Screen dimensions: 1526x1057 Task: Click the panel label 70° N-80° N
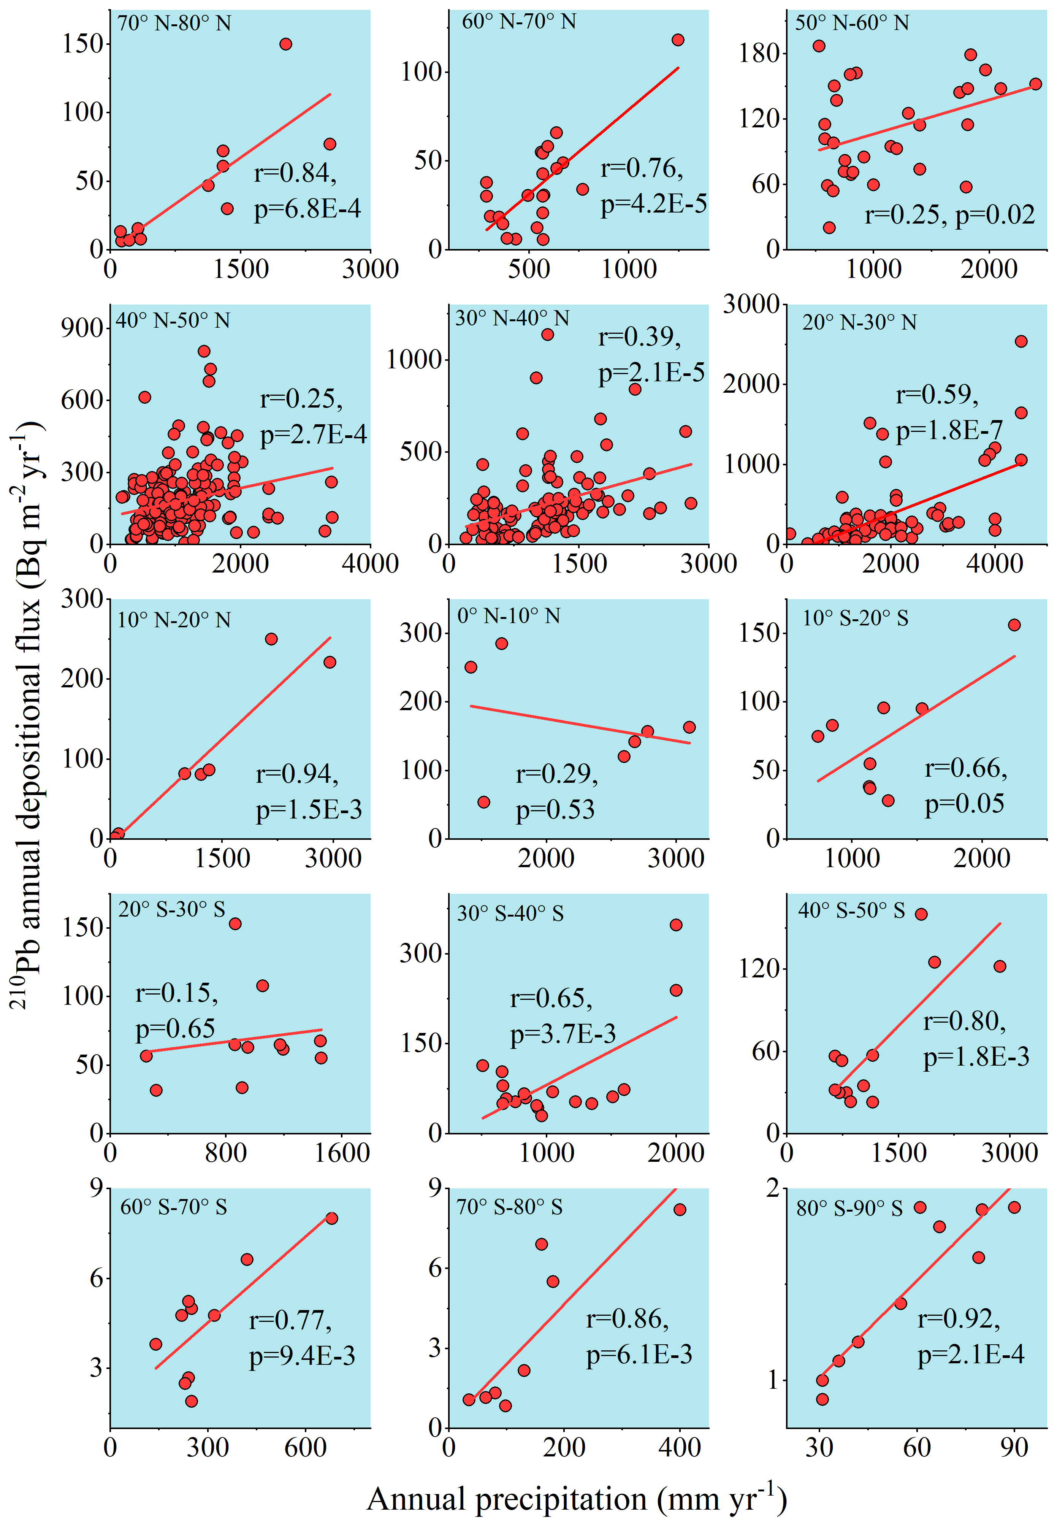coord(174,24)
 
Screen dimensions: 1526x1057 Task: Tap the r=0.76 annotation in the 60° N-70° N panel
coord(641,169)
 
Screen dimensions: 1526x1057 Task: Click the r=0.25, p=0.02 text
coord(949,214)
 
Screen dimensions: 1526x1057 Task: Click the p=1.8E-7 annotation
coord(949,431)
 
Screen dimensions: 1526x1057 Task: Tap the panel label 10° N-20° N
coord(174,620)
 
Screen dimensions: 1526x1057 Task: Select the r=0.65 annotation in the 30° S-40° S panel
coord(551,998)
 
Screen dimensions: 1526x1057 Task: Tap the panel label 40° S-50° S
coord(851,911)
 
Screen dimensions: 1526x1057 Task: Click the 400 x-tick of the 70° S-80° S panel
coord(680,1447)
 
